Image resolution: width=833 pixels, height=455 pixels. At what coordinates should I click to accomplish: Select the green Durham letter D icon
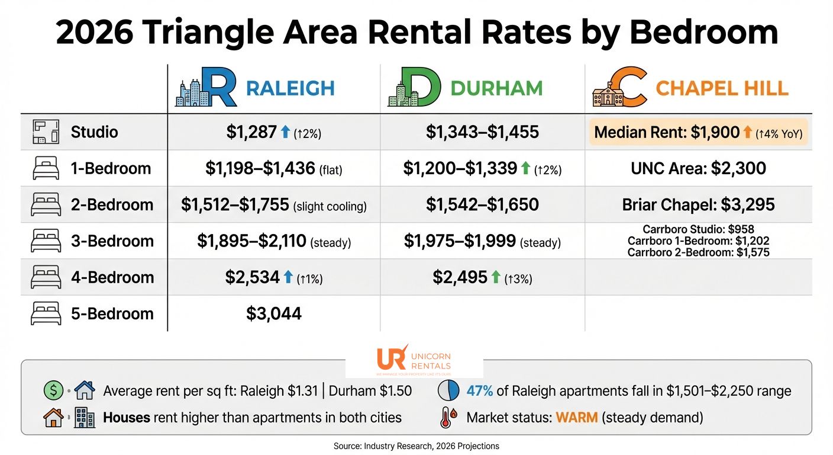415,88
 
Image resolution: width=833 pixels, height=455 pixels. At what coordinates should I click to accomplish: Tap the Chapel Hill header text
722,88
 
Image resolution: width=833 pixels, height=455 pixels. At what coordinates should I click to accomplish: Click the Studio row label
94,132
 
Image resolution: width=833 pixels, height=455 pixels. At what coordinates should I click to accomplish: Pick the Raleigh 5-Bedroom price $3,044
274,313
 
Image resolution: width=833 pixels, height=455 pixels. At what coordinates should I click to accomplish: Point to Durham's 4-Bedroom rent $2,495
460,277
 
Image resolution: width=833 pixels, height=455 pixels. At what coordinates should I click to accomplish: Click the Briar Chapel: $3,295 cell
698,204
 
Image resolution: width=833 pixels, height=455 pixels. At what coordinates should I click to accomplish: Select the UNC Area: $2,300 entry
698,168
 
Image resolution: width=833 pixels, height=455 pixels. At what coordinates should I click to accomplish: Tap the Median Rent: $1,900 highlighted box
698,132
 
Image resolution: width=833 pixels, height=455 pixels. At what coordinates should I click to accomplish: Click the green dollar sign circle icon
53,391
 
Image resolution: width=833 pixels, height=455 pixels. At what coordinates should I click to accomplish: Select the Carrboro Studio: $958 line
698,229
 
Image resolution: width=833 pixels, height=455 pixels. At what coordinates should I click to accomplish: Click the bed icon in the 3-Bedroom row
46,241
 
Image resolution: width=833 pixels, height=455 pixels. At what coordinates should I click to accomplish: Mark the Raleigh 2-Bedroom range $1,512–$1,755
235,204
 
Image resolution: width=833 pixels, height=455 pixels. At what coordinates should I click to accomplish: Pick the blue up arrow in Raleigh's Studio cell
287,132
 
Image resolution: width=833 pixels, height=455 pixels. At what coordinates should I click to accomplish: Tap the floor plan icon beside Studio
46,132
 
